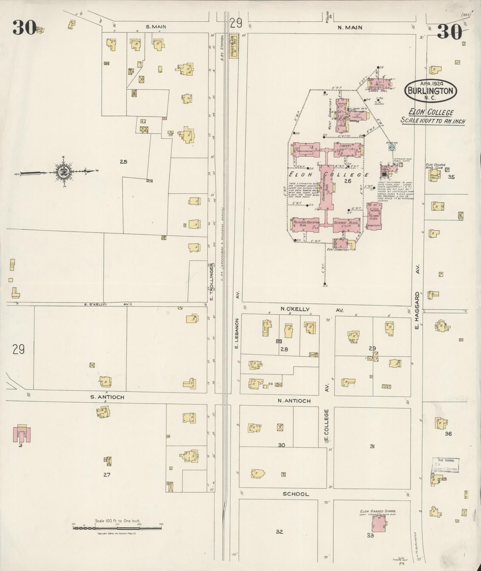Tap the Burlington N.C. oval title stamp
point(430,90)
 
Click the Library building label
point(345,146)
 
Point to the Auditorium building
point(306,150)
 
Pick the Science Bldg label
point(346,223)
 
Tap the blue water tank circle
point(392,147)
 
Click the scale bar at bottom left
point(117,528)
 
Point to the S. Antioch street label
point(107,397)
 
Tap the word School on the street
point(296,494)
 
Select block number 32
point(279,532)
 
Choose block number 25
point(123,162)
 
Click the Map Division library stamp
point(446,465)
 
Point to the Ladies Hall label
point(378,90)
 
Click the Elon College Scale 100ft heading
point(432,117)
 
